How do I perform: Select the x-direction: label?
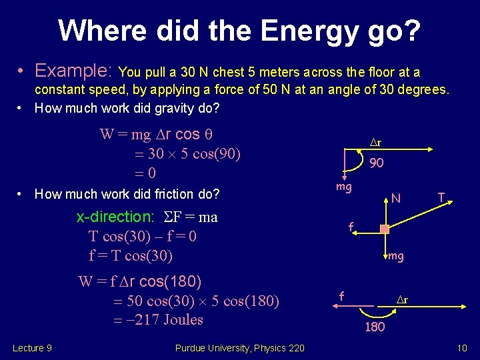tap(115, 217)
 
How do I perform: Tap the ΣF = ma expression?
tap(189, 217)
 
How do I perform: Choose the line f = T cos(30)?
tap(131, 255)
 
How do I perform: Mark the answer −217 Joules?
tap(160, 320)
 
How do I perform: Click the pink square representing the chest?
tap(384, 229)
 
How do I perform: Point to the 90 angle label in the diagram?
tap(377, 162)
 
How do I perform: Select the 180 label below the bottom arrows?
tap(375, 327)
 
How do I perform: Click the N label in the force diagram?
tap(396, 198)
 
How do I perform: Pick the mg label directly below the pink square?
tap(396, 256)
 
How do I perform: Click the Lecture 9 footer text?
tap(32, 347)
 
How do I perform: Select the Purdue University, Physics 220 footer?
tap(239, 347)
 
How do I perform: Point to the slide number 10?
tap(463, 347)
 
